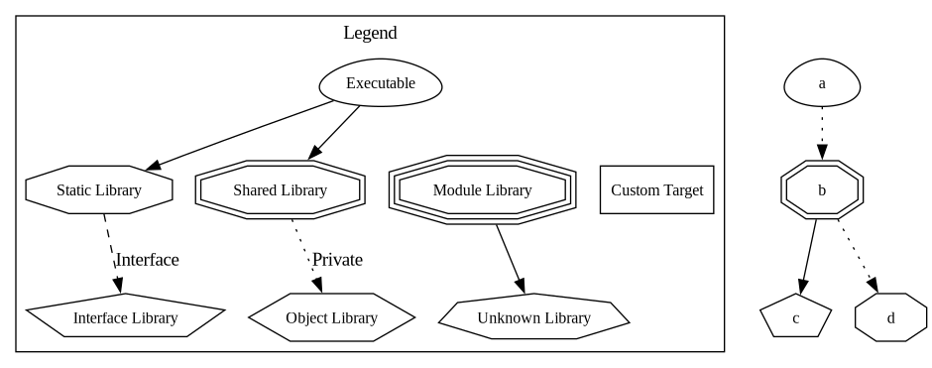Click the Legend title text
tap(370, 33)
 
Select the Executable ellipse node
tap(380, 84)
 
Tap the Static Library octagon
tap(99, 189)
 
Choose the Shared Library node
tap(280, 189)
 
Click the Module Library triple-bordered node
tap(482, 189)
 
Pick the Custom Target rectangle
tap(656, 189)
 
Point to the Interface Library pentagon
tap(125, 317)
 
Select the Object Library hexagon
tap(331, 317)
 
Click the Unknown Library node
tap(533, 317)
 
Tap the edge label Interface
tap(147, 260)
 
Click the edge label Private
tap(337, 260)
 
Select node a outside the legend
tap(822, 84)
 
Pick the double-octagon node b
tap(822, 189)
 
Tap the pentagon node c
tap(795, 317)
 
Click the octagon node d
tap(890, 317)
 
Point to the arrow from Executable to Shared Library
tap(334, 132)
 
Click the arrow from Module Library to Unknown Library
tap(510, 258)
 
